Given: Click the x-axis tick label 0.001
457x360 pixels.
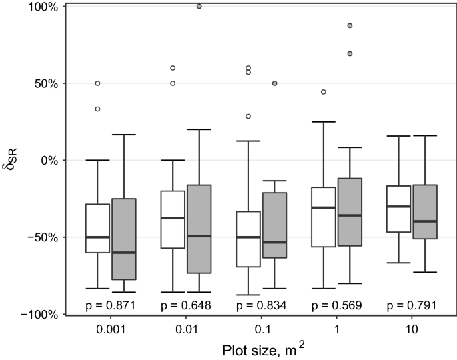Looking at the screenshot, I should (111, 330).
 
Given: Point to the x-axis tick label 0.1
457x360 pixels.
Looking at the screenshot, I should (261, 330).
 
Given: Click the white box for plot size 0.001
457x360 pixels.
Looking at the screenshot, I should (97, 228).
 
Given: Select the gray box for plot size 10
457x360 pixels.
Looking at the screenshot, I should (424, 211).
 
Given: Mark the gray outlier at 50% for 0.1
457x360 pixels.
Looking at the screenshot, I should (274, 83).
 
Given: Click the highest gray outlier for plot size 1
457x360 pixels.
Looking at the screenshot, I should (350, 25).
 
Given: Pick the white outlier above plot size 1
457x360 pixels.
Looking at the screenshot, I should (324, 92).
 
